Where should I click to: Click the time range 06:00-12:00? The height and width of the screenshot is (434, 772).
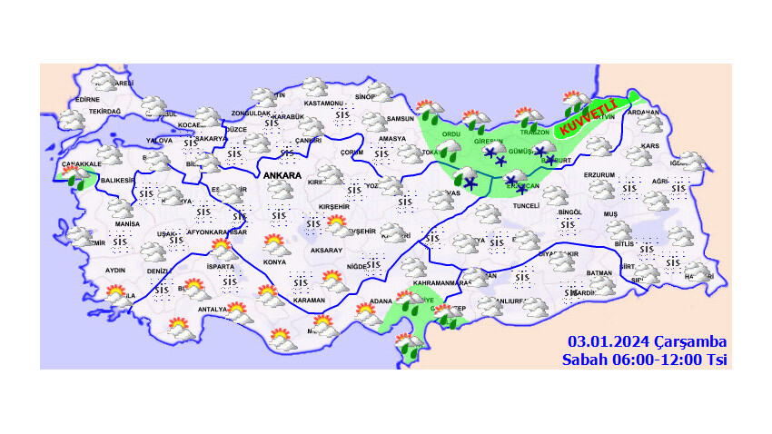click(654, 360)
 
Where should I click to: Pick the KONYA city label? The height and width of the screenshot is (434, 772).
click(273, 262)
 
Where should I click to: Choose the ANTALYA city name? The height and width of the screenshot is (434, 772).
click(213, 310)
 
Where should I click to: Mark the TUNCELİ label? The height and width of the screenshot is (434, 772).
click(528, 205)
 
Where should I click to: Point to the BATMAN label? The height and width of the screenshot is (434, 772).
click(600, 272)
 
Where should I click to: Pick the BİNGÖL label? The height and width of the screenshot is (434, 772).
click(569, 212)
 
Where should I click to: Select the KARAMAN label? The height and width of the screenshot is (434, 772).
click(310, 300)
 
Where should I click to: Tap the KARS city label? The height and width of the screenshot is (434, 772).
click(648, 145)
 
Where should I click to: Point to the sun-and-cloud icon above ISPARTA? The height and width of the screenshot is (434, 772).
click(221, 247)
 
